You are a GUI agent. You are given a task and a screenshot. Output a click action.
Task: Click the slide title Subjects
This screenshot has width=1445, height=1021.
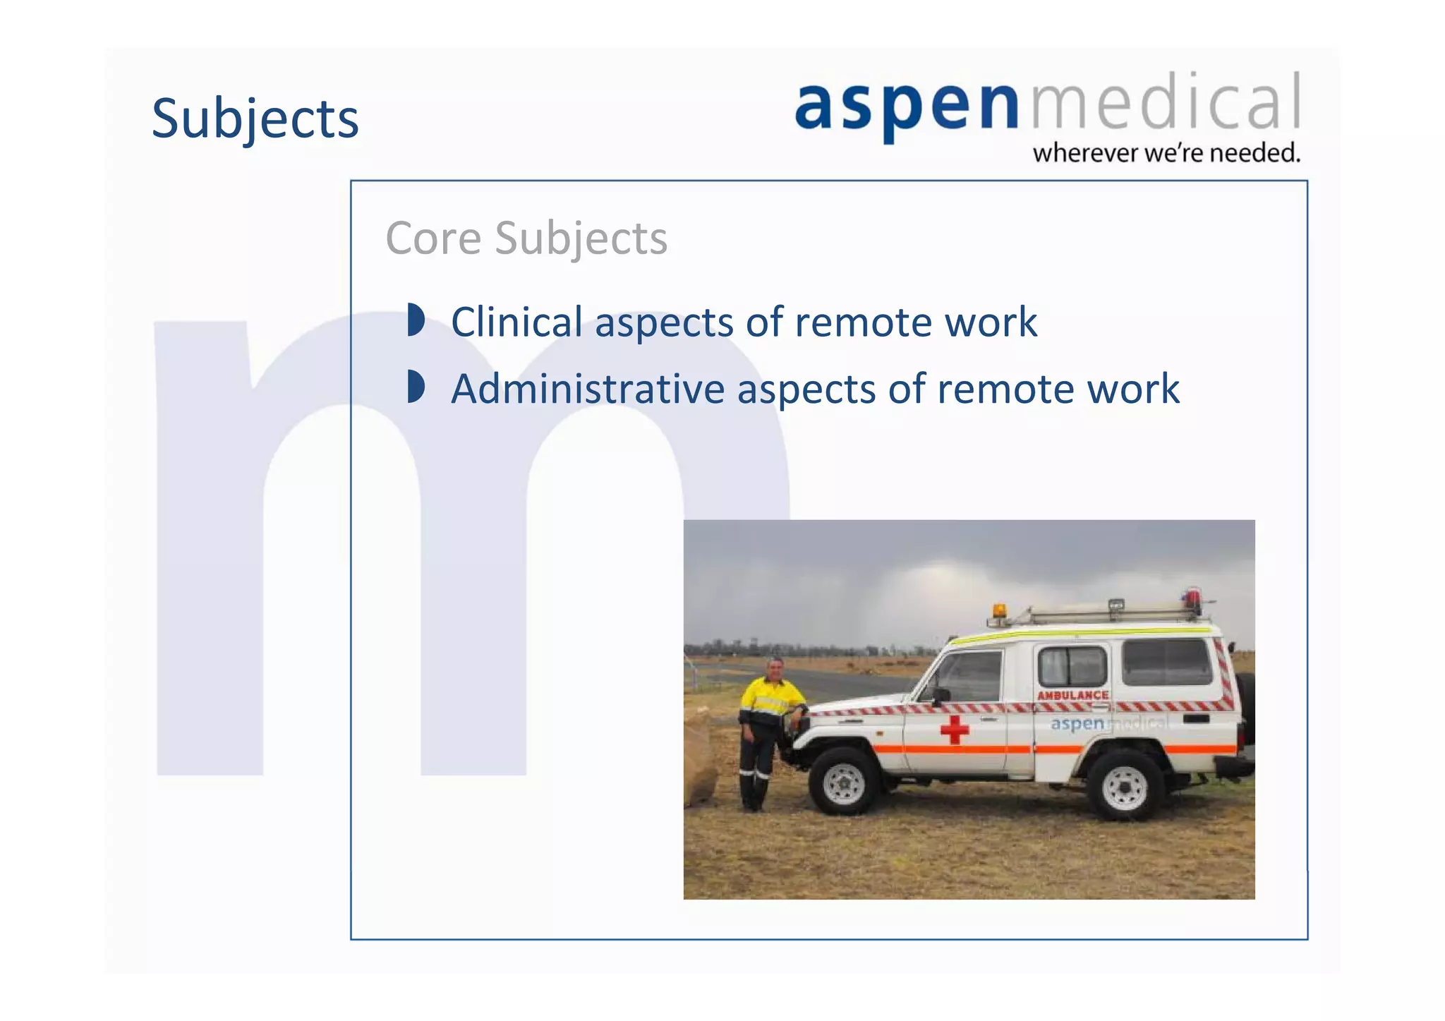click(x=255, y=119)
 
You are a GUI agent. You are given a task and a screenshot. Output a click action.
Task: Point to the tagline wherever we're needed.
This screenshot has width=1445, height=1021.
click(x=1166, y=153)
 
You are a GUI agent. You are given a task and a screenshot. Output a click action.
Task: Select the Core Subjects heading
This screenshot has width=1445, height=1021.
click(x=526, y=238)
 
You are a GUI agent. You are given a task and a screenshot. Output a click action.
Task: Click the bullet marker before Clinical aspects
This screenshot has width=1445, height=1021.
click(x=416, y=320)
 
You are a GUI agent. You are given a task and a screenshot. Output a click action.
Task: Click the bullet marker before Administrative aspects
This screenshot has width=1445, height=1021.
click(x=416, y=387)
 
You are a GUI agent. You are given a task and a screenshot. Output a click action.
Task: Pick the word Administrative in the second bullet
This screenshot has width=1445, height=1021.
click(x=588, y=389)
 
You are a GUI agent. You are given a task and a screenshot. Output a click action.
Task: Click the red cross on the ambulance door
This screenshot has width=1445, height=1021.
click(x=954, y=729)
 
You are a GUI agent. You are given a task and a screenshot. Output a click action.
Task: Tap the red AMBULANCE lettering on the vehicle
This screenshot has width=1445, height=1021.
click(x=1072, y=695)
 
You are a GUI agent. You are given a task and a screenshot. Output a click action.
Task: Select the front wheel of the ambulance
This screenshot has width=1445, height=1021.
click(x=844, y=783)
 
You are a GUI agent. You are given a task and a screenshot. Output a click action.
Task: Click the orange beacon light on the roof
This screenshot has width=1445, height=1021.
click(x=999, y=611)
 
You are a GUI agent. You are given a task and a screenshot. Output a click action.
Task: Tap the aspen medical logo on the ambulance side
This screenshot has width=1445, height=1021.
click(x=1108, y=723)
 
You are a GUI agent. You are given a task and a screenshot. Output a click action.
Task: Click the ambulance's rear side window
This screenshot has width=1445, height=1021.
click(x=1167, y=661)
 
